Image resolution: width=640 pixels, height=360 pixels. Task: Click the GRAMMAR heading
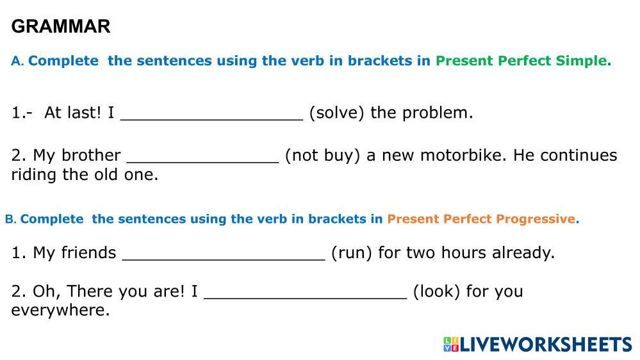coord(61,26)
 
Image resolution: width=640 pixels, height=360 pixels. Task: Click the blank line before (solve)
coord(212,120)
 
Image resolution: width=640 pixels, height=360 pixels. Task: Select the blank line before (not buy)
coord(203,162)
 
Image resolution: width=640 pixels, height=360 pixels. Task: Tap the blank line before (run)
coord(224,259)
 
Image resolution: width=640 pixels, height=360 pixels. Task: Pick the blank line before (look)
coord(306,298)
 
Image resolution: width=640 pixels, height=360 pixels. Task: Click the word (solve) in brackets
coord(336,113)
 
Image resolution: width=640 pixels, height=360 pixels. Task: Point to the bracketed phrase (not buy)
coord(322,156)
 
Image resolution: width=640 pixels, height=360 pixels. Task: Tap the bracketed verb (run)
coord(352,253)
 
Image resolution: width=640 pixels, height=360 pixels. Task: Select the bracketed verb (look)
coord(436,292)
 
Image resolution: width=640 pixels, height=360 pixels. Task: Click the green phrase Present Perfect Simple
coord(523,61)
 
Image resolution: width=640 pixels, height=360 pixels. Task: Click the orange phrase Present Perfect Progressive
coord(482,219)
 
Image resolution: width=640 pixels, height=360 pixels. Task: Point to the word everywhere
coord(60,310)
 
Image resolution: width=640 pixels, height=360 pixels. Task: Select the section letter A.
coord(17,61)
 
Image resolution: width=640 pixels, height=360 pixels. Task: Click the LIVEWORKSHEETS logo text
coord(546,345)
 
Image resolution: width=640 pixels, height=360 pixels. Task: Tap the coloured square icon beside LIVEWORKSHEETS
coord(452,345)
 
